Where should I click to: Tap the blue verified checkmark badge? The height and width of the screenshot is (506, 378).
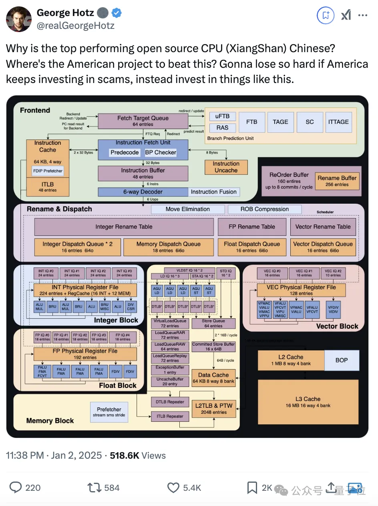[117, 13]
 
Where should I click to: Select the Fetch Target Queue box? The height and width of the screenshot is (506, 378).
[143, 121]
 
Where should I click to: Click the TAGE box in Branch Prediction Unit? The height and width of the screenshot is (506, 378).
[280, 122]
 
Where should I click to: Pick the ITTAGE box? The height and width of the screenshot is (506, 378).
[338, 122]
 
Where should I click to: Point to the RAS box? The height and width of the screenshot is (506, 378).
[222, 128]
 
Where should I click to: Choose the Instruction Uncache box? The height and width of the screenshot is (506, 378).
[226, 167]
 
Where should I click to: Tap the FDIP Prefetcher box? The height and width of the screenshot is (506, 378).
[48, 171]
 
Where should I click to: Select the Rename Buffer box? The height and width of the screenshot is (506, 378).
[337, 181]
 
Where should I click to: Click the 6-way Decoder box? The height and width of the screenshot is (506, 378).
[143, 192]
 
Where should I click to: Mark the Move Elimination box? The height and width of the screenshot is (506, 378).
[187, 209]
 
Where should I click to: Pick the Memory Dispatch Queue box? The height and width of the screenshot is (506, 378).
[168, 247]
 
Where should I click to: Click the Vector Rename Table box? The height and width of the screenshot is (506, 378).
[323, 227]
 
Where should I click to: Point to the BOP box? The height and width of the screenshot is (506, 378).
[341, 360]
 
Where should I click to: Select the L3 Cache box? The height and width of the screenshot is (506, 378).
[308, 402]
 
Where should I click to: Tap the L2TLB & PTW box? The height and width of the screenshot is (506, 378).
[214, 408]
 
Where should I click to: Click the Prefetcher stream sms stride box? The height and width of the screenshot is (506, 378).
[109, 412]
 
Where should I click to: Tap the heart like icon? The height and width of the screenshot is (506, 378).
[173, 488]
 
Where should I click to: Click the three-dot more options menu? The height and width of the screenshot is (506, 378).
[362, 15]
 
